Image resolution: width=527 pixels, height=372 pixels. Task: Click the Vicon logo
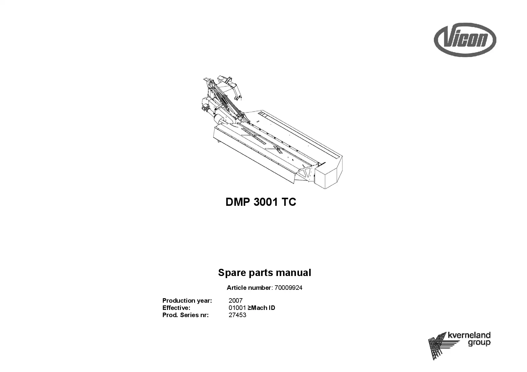pos(465,40)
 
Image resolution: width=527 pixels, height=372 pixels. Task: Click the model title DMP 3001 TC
pos(261,202)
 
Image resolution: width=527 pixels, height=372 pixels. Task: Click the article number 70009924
pos(288,288)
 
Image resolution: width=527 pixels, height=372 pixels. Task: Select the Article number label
pos(249,288)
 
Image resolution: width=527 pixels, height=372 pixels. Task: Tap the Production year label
pos(187,301)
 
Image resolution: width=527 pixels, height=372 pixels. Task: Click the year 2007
pos(236,301)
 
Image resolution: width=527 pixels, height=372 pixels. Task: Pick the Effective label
pos(176,308)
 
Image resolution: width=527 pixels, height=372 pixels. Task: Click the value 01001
pos(237,308)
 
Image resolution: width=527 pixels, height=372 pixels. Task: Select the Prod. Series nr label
pos(185,315)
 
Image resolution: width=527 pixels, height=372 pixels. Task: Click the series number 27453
pos(237,315)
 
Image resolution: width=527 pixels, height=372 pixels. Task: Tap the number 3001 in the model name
pos(266,202)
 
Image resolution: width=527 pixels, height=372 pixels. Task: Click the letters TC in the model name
pos(289,202)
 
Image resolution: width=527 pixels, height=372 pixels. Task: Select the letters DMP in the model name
pos(238,202)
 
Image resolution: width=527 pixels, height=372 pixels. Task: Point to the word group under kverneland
pos(479,343)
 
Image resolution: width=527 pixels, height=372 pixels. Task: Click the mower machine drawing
pos(272,132)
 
